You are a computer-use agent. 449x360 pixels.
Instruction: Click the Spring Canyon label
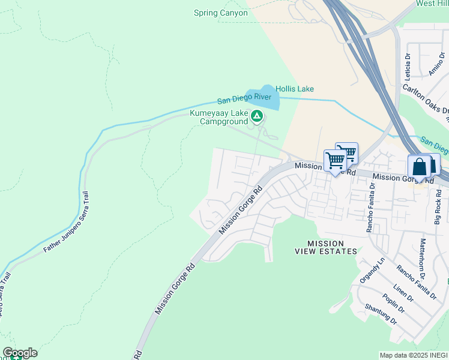pyautogui.click(x=220, y=13)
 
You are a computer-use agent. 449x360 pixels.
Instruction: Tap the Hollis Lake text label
pyautogui.click(x=294, y=89)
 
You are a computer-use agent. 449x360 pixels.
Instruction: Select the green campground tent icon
pyautogui.click(x=257, y=115)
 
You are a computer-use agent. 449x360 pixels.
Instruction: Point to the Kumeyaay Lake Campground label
pyautogui.click(x=219, y=117)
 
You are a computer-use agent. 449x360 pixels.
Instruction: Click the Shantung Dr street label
pyautogui.click(x=381, y=314)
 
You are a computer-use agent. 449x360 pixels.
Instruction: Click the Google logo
pyautogui.click(x=20, y=353)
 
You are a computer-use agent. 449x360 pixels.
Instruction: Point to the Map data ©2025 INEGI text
pyautogui.click(x=414, y=355)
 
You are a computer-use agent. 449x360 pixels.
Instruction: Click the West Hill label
pyautogui.click(x=433, y=4)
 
